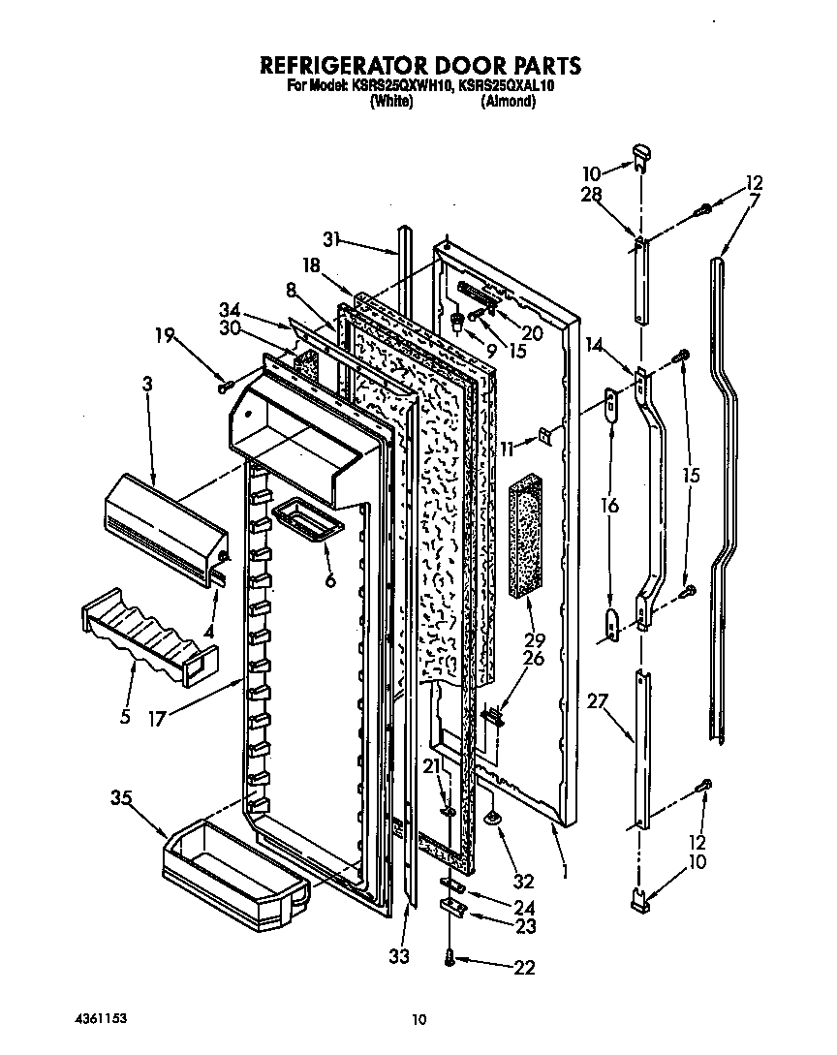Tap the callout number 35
click(121, 798)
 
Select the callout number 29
click(533, 639)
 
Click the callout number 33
click(398, 956)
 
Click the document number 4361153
click(102, 1019)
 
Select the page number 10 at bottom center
click(418, 1019)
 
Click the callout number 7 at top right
click(754, 200)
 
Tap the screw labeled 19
click(225, 385)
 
